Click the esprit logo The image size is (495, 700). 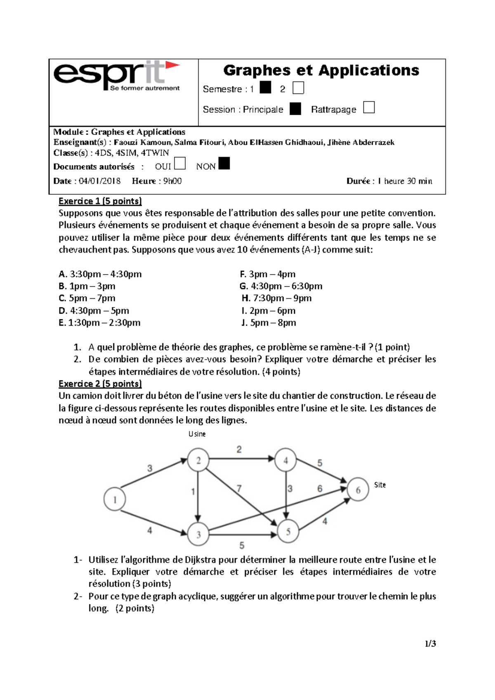tap(117, 76)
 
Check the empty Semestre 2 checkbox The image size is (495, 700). tap(298, 88)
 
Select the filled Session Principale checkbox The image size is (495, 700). tap(295, 109)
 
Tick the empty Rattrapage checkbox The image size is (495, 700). tap(369, 108)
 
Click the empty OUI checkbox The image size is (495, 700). tap(180, 164)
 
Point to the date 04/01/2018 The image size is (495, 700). tap(99, 181)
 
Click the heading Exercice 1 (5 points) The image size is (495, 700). tap(100, 201)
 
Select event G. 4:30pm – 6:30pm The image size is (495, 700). tap(281, 286)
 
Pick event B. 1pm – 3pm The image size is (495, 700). tap(87, 286)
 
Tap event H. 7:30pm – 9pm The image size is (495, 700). tap(276, 298)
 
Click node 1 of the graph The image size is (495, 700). tap(115, 500)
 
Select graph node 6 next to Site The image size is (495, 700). tap(358, 490)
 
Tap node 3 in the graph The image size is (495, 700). tap(198, 534)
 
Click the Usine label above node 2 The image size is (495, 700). tap(197, 434)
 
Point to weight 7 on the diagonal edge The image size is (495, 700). tap(239, 488)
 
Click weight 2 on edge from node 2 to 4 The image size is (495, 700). tap(239, 449)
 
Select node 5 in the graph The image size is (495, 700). tap(288, 532)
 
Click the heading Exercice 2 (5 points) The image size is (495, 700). tap(100, 384)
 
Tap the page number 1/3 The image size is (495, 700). tap(430, 643)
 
